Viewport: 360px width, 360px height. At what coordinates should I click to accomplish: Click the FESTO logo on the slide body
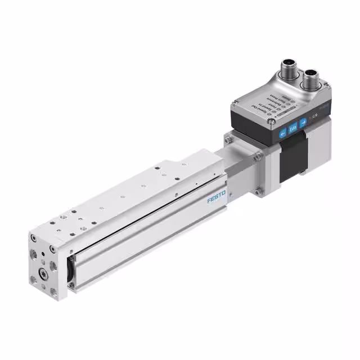click(x=216, y=198)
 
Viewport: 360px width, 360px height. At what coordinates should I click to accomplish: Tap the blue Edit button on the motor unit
click(x=292, y=129)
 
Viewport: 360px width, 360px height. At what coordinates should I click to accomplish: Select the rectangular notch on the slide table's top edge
click(x=183, y=165)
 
